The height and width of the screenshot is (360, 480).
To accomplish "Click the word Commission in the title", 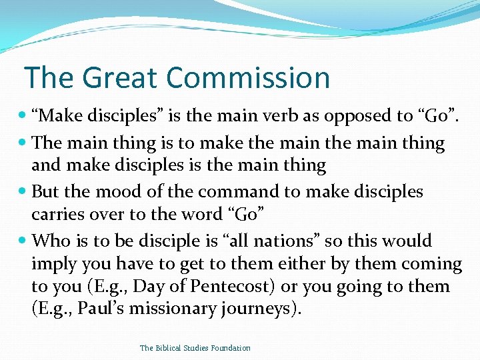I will [248, 77].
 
